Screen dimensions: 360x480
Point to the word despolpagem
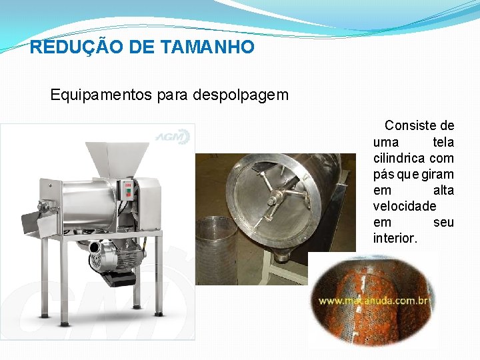point(241,95)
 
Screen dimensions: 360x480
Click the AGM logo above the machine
point(173,137)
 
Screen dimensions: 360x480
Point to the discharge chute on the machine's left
point(39,222)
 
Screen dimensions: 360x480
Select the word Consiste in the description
point(419,126)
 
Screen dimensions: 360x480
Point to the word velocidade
point(404,206)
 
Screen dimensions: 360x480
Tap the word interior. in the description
point(395,238)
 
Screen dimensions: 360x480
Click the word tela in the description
point(443,142)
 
